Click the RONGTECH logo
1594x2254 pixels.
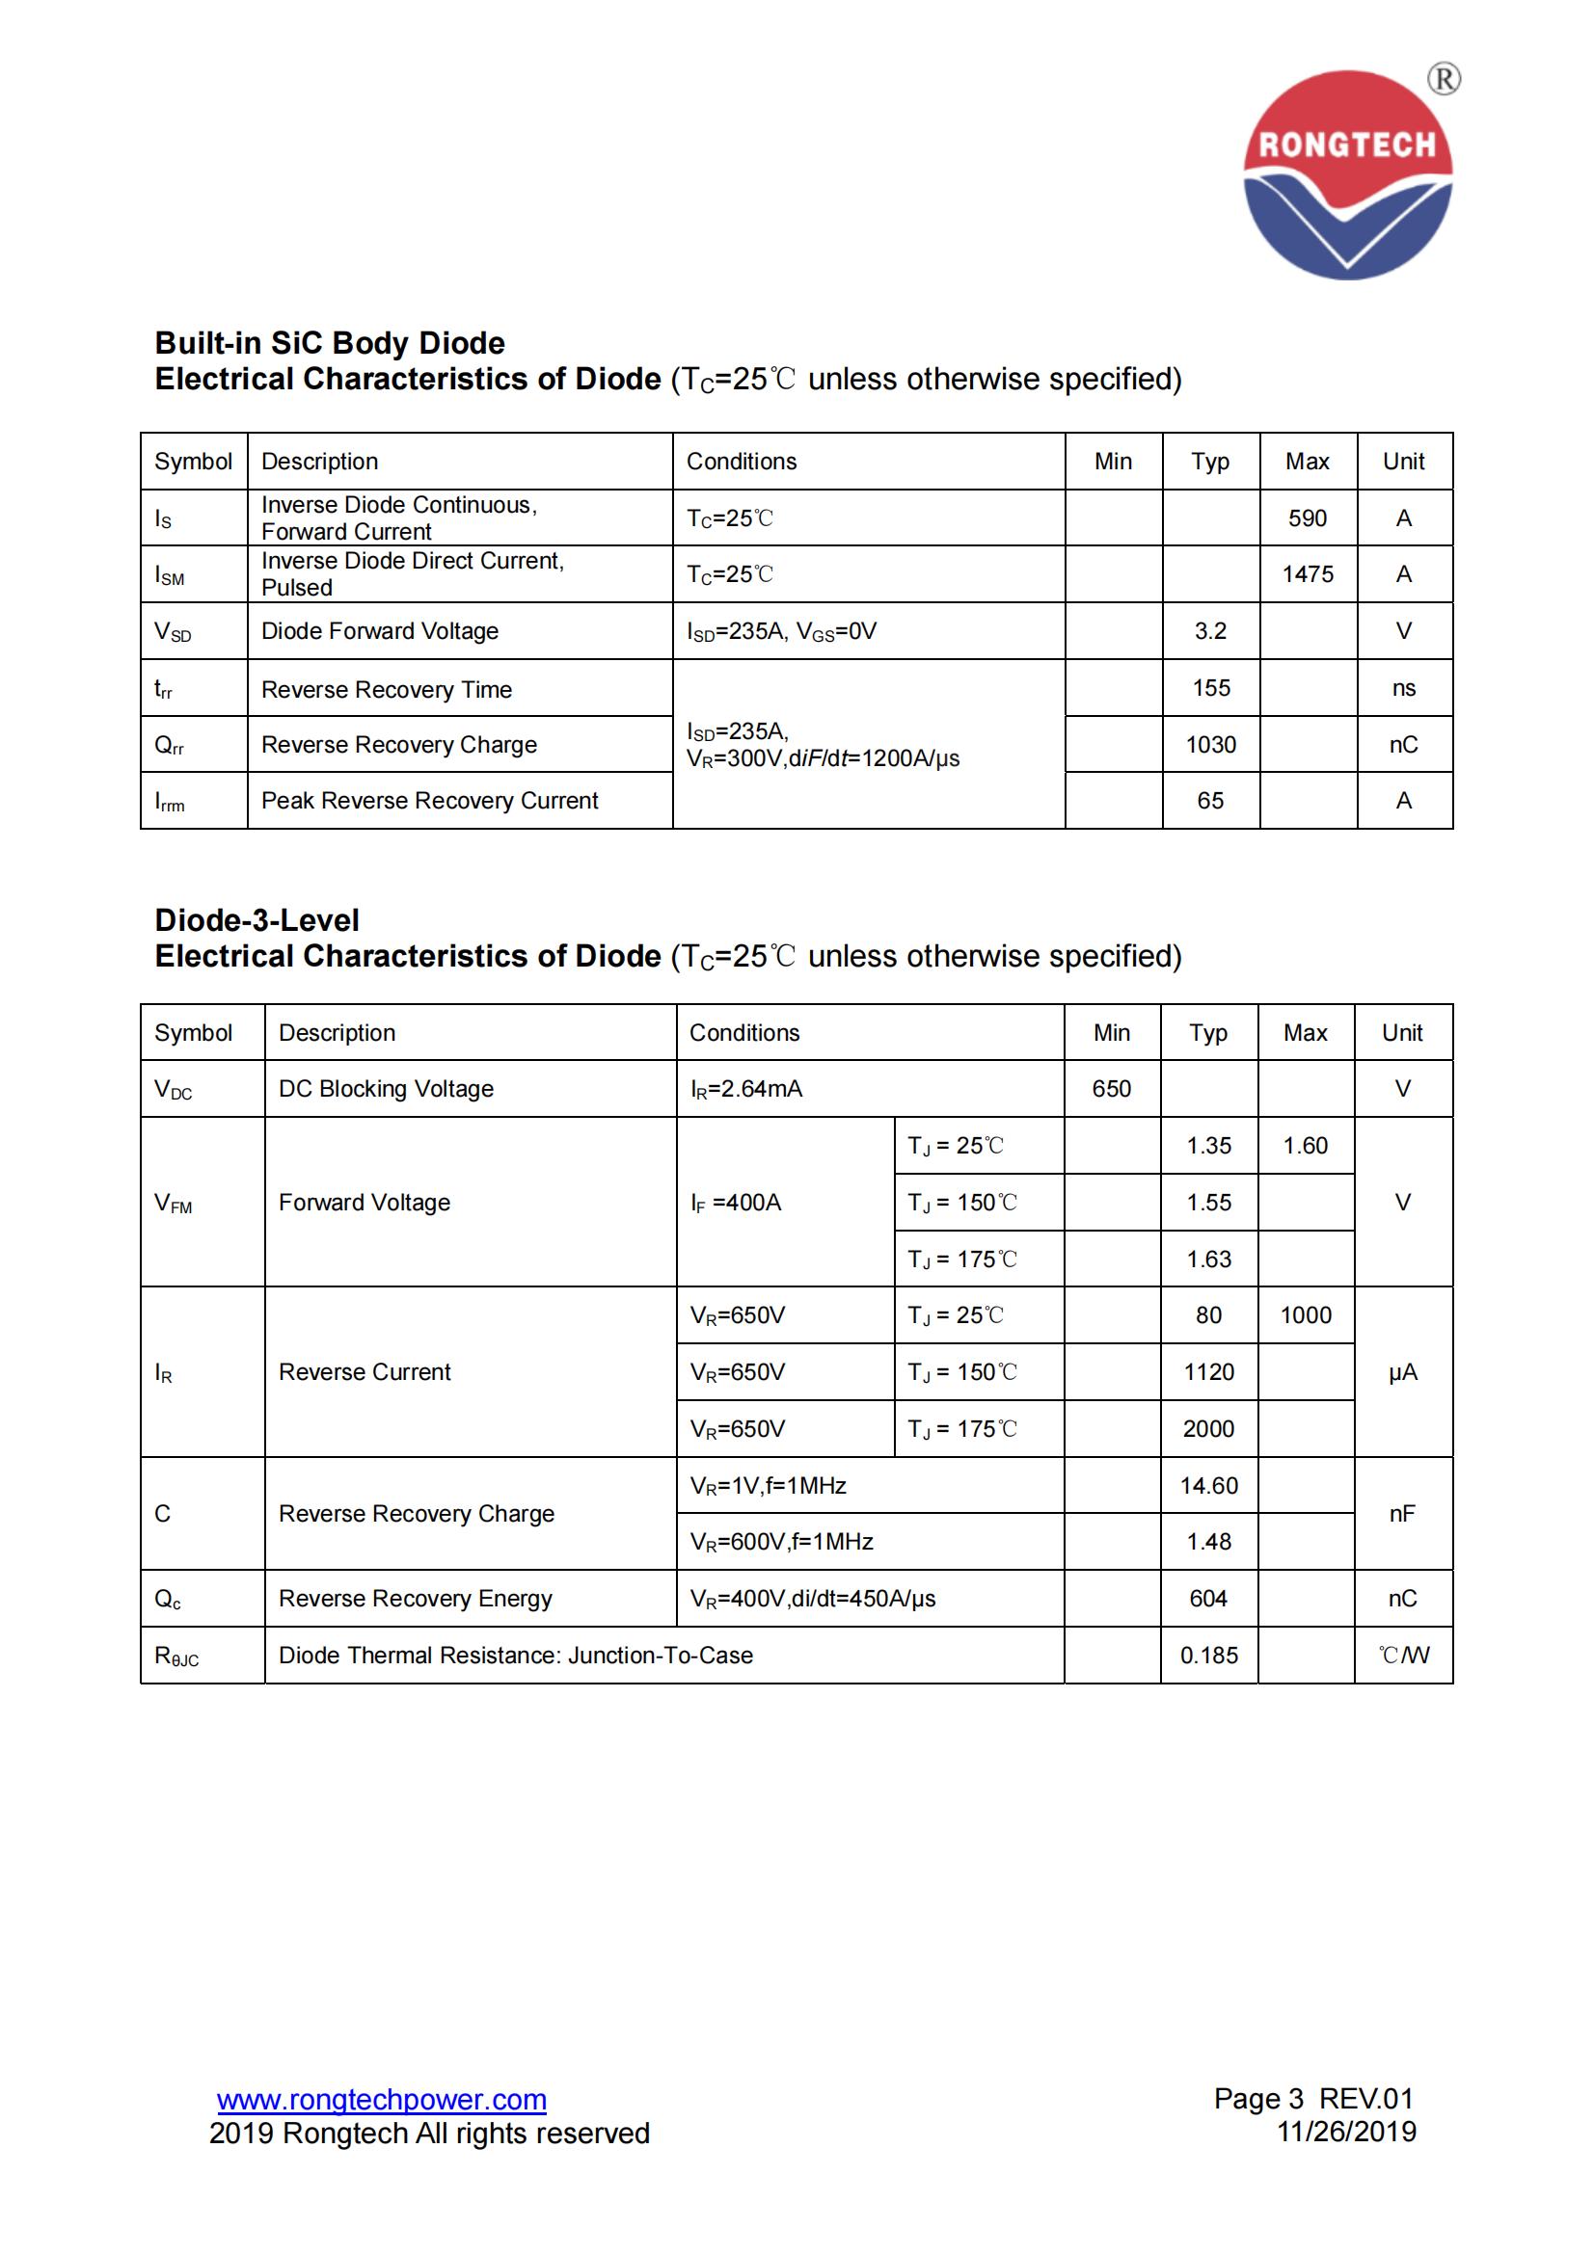coord(1346,174)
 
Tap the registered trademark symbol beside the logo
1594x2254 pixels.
coord(1443,78)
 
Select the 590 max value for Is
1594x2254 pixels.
coord(1307,518)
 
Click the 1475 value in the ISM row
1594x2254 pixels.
coord(1307,574)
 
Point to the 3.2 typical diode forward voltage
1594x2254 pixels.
coord(1210,631)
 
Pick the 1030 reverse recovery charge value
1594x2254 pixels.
coord(1210,745)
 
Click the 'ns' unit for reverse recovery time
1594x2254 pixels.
coord(1402,688)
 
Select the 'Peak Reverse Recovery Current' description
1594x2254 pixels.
coord(429,801)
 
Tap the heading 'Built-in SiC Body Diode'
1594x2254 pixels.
coord(330,343)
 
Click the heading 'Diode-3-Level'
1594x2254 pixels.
coord(257,920)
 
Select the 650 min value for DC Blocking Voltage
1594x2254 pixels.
coord(1111,1089)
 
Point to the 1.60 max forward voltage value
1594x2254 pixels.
coord(1305,1146)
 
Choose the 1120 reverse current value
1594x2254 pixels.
coord(1208,1372)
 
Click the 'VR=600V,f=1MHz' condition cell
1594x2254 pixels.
coord(782,1542)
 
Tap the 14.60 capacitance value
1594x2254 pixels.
coord(1208,1485)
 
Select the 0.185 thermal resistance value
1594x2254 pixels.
coord(1208,1657)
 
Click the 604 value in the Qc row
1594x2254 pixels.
coord(1208,1600)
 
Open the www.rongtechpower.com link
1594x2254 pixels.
coord(381,2100)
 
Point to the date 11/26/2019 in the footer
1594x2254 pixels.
coord(1345,2133)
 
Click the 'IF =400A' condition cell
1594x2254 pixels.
coord(736,1203)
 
